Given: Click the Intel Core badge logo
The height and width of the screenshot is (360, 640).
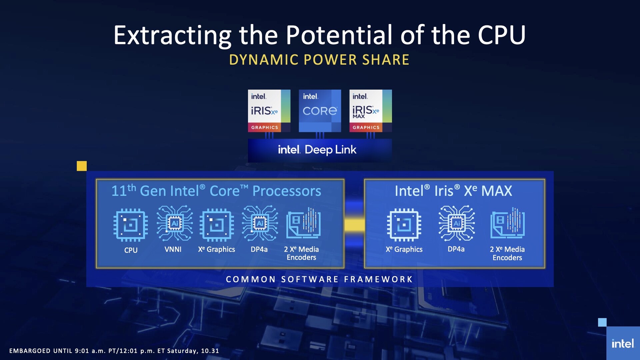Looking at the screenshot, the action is tap(320, 111).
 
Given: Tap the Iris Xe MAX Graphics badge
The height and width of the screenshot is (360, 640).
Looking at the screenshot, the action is tap(371, 111).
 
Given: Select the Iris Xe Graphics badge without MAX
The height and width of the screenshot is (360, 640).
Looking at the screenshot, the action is tap(269, 111).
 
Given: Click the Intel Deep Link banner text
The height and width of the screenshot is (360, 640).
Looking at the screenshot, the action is tap(317, 150).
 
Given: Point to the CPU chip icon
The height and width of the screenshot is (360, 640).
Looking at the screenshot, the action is tap(131, 225).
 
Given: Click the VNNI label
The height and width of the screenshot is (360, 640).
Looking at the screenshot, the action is tap(173, 249).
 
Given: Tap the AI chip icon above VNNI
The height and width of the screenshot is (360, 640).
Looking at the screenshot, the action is tap(175, 223).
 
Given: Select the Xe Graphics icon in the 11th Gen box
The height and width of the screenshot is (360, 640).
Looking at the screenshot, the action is tap(217, 225).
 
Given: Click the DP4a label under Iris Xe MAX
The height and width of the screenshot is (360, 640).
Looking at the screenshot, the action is tap(456, 249).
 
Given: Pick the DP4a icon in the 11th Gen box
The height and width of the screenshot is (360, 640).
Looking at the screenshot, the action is tap(260, 223).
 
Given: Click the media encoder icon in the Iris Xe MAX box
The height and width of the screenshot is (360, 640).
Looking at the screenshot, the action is tap(508, 223).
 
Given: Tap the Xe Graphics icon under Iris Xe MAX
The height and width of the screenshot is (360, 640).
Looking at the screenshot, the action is tap(404, 225).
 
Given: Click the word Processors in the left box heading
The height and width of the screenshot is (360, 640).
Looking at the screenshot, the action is tap(287, 191).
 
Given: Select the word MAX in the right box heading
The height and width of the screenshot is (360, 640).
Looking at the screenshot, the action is tap(497, 191).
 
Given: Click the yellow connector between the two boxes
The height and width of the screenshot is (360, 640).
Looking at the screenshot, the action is tap(354, 225).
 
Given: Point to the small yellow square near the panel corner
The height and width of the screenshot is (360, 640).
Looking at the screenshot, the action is tap(82, 166).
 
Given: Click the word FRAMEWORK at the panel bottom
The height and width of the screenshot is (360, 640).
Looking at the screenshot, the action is tap(378, 279).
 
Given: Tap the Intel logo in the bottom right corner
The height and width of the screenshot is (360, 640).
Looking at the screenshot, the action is tap(623, 344).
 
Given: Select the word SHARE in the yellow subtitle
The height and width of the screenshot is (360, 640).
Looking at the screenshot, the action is tap(386, 60).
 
